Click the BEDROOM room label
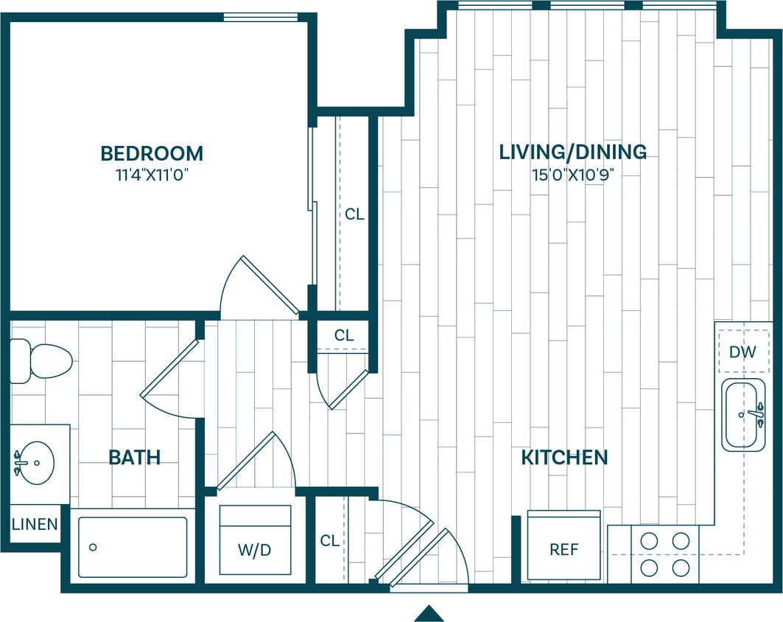152,153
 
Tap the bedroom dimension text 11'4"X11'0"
151,175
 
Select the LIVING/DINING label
572,152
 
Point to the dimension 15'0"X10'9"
572,175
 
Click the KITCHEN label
564,457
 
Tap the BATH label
134,457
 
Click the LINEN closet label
35,525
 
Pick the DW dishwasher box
742,352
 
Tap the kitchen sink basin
742,414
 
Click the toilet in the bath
42,361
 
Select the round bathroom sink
35,463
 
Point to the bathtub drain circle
93,547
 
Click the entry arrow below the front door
429,613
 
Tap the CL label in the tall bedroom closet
354,215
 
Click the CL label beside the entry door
330,540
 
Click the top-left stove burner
649,540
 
